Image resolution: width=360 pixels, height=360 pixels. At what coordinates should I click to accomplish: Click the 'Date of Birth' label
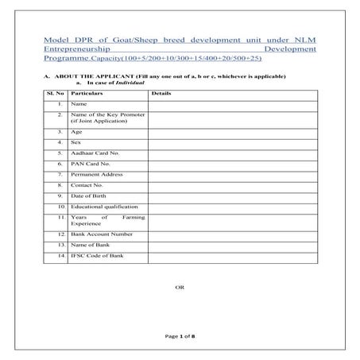pyautogui.click(x=88, y=195)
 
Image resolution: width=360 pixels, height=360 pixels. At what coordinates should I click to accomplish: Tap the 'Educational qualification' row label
pyautogui.click(x=105, y=206)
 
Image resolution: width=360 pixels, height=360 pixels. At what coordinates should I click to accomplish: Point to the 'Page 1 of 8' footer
pyautogui.click(x=180, y=337)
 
